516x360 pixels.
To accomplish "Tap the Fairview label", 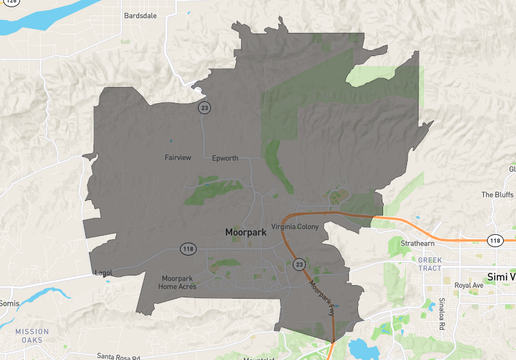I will (x=177, y=157).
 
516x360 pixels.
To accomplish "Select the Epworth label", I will (x=225, y=158).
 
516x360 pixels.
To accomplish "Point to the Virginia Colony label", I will (x=297, y=226).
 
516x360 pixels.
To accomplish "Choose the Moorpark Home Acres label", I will (x=177, y=282).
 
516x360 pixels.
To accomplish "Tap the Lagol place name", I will (x=103, y=273).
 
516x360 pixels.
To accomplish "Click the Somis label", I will (x=9, y=303).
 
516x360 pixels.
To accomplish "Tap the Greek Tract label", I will (x=430, y=265).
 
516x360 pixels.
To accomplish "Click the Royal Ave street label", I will (x=469, y=285).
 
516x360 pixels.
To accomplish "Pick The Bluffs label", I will (x=497, y=195).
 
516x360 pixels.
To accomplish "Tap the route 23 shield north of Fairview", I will (x=204, y=108).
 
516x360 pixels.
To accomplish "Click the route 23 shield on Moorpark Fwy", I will (x=299, y=264).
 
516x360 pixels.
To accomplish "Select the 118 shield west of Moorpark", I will (x=188, y=249).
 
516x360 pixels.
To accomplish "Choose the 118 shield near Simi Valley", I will (x=495, y=240).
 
